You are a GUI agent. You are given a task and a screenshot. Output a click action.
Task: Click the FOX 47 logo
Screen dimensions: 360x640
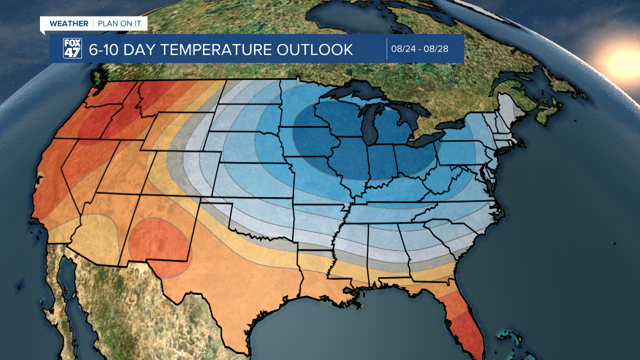[x=72, y=48]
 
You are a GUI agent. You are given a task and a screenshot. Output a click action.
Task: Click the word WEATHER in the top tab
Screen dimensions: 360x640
[x=69, y=23]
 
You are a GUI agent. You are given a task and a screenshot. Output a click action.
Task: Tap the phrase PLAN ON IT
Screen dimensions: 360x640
[x=119, y=23]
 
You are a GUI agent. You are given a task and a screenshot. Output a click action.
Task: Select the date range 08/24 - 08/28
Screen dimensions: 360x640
[x=419, y=49]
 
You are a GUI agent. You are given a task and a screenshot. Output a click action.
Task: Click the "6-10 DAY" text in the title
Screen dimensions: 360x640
[x=117, y=49]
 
